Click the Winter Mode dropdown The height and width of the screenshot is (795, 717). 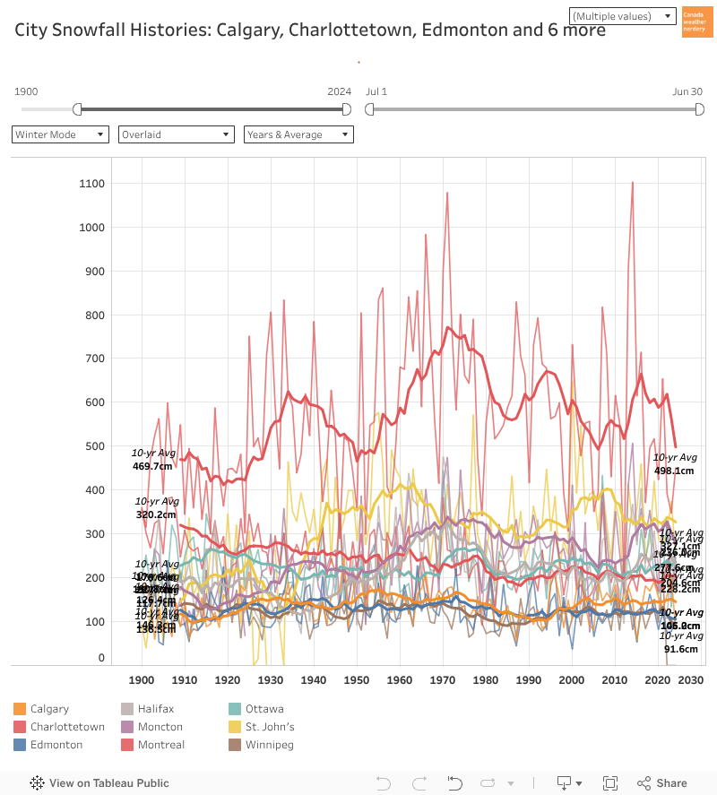click(60, 134)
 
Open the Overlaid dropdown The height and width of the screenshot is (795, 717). click(176, 134)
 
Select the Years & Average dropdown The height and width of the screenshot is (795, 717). click(298, 134)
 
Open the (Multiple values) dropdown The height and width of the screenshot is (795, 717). click(622, 16)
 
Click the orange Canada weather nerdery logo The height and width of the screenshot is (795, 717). click(697, 22)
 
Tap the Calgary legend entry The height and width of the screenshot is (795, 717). click(49, 709)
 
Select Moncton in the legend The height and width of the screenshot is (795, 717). click(160, 727)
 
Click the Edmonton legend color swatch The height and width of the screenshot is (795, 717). click(20, 745)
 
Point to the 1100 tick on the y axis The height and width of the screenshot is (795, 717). click(92, 184)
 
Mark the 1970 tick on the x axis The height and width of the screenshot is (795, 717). click(443, 680)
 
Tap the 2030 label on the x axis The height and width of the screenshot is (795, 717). click(691, 680)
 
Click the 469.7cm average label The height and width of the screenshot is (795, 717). click(151, 467)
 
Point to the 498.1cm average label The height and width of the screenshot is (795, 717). click(674, 471)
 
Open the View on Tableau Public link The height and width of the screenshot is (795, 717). click(99, 782)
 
